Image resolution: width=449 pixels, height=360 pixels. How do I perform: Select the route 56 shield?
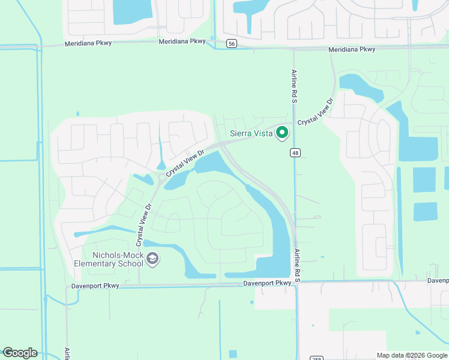coord(232,43)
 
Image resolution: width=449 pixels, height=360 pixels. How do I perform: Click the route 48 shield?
coord(295,152)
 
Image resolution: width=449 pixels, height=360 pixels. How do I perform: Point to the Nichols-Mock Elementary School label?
coord(109,259)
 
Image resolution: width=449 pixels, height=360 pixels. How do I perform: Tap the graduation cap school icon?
coord(153,259)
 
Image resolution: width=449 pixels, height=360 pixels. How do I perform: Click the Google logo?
coord(20,353)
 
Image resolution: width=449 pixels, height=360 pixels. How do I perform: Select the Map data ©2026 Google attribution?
coord(412,355)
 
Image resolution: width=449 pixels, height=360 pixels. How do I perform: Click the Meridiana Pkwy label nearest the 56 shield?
coord(182,42)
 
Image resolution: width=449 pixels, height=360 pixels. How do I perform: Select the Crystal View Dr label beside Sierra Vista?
coord(315,112)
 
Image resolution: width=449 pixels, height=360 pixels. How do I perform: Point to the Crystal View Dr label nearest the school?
coord(143,223)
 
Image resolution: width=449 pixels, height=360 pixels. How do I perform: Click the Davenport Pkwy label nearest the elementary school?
coord(95,286)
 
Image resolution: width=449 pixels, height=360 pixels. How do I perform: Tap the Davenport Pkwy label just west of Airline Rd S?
coord(267,283)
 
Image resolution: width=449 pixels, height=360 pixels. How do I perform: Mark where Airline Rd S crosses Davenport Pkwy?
coord(297,282)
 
